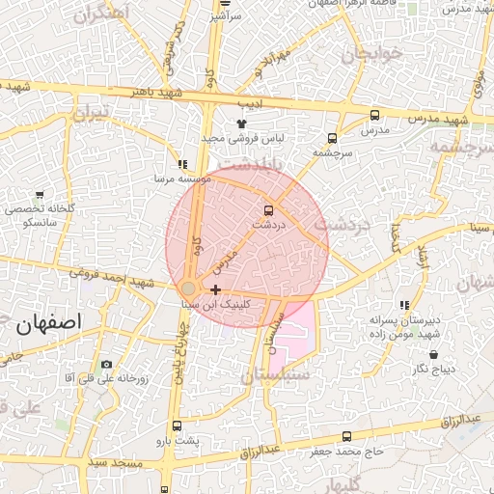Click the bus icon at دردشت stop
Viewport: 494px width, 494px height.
(x=268, y=210)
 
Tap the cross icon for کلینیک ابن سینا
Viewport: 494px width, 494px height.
(x=215, y=289)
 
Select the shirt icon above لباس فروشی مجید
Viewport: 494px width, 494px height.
(x=241, y=123)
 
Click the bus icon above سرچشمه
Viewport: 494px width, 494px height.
(x=333, y=138)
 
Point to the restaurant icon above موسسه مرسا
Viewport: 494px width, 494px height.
(x=182, y=164)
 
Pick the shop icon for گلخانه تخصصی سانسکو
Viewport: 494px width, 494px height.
(x=39, y=194)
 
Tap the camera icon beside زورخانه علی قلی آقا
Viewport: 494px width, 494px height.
(x=106, y=365)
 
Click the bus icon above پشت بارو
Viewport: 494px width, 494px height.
(x=177, y=425)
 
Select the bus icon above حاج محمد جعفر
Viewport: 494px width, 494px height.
(x=346, y=436)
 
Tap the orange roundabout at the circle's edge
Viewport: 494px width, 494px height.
(x=189, y=288)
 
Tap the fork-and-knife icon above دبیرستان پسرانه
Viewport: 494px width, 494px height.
(x=404, y=304)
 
